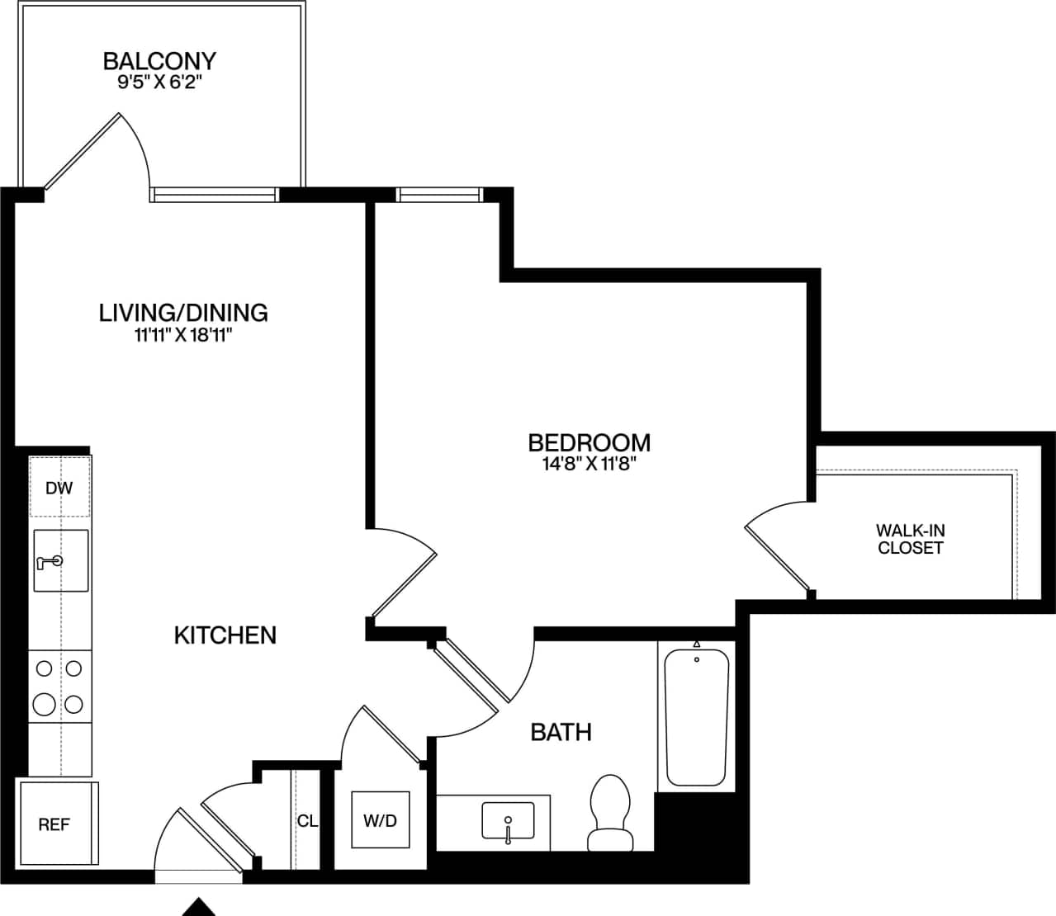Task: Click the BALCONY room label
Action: (159, 61)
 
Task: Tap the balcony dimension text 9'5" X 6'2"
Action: (159, 83)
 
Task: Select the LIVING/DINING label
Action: (183, 313)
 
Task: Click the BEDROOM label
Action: (589, 442)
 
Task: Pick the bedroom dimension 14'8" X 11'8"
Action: (589, 464)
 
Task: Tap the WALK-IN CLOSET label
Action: (910, 539)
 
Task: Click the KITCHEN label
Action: (225, 635)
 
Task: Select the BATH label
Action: (561, 732)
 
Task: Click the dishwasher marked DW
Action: (59, 488)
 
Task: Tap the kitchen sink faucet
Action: (50, 562)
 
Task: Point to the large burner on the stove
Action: (45, 704)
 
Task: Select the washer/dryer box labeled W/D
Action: (380, 819)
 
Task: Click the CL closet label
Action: (307, 821)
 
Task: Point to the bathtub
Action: (697, 716)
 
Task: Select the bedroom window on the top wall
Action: (438, 195)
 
